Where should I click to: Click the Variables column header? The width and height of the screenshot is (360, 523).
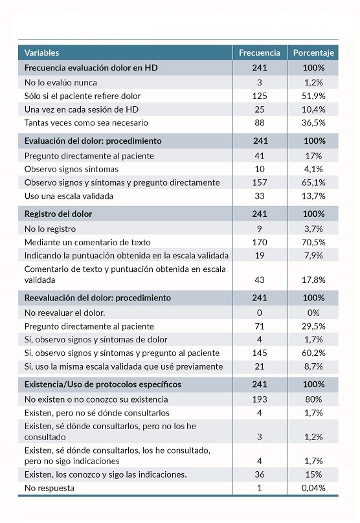click(x=42, y=52)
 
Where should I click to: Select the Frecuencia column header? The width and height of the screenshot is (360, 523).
click(x=260, y=52)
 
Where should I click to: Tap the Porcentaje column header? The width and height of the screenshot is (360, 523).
click(x=314, y=52)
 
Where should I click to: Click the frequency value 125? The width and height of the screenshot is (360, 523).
click(x=260, y=96)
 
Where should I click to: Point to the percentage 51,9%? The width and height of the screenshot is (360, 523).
click(x=314, y=96)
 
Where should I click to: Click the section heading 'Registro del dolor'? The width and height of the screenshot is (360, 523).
click(x=58, y=214)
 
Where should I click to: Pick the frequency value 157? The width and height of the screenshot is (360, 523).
click(x=260, y=183)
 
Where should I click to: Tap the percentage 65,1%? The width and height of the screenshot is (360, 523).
click(x=314, y=183)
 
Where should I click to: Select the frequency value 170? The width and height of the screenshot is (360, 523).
click(x=260, y=241)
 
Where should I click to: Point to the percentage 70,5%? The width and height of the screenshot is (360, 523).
click(x=314, y=241)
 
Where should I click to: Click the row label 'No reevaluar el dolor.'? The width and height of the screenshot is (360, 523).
click(x=65, y=313)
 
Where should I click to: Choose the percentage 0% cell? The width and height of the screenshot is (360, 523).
click(x=314, y=313)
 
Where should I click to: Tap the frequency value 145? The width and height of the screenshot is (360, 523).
click(x=260, y=353)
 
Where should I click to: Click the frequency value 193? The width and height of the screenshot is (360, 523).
click(x=260, y=399)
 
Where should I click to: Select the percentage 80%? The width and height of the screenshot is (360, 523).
click(x=314, y=399)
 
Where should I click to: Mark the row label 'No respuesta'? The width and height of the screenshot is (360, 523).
click(x=49, y=487)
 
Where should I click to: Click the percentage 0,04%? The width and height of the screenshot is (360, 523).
click(x=314, y=487)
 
